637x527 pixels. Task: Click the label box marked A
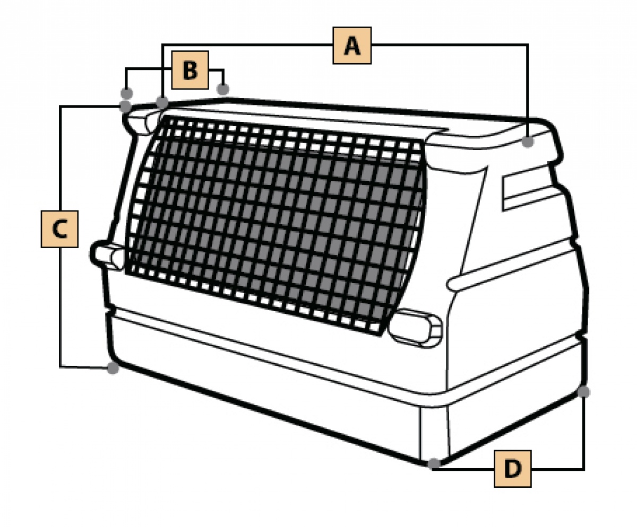click(352, 46)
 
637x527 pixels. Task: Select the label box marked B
click(190, 70)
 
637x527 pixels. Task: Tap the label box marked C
click(59, 229)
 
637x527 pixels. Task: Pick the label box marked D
click(513, 469)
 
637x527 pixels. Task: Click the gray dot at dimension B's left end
click(127, 93)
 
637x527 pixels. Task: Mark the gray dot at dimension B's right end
click(223, 89)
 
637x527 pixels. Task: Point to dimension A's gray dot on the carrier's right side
click(528, 142)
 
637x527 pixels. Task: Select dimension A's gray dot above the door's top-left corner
click(162, 102)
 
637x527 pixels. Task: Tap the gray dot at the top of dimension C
click(125, 107)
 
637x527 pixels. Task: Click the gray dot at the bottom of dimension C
click(113, 368)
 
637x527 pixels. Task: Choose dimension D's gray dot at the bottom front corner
click(434, 463)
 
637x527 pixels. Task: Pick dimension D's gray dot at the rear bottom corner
click(583, 392)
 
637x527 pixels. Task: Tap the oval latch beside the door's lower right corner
click(416, 328)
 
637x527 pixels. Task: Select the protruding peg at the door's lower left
click(107, 255)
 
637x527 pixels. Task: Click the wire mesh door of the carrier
click(274, 225)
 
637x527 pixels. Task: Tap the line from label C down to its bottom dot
click(60, 308)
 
